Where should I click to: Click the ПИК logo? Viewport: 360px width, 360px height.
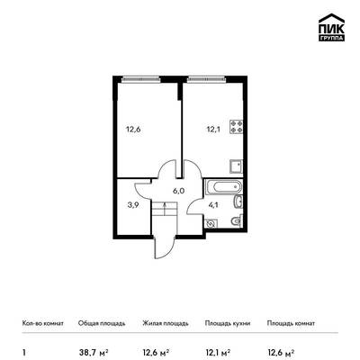click(x=331, y=27)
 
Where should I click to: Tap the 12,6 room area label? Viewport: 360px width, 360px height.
click(x=133, y=130)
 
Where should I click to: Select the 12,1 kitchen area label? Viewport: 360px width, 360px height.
click(x=212, y=130)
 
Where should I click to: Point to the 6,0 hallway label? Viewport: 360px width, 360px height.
click(x=178, y=191)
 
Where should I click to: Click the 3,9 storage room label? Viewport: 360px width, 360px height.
click(x=132, y=205)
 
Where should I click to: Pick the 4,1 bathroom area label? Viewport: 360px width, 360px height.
click(x=213, y=205)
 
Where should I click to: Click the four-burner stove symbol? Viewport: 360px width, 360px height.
click(x=237, y=127)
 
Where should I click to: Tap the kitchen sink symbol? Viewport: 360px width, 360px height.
click(x=237, y=166)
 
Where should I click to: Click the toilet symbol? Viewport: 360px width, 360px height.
click(x=237, y=221)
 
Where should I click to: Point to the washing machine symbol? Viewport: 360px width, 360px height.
click(x=211, y=223)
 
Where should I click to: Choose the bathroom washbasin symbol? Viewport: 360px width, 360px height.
click(x=238, y=202)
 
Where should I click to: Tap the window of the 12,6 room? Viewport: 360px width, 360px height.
click(x=141, y=79)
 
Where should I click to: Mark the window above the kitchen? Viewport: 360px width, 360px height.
click(x=206, y=79)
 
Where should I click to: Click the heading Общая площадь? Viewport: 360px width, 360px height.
click(x=102, y=323)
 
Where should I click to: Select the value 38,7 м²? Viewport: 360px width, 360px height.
click(x=93, y=352)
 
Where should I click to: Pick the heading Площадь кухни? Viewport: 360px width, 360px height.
click(x=228, y=323)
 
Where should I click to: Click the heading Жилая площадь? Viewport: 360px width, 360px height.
click(x=166, y=323)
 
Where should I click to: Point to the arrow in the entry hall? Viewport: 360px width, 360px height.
click(x=165, y=209)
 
